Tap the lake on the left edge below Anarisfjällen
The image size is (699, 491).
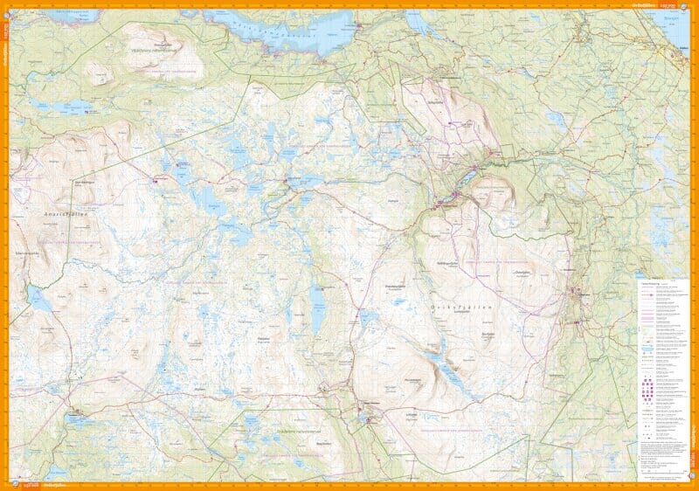(x=39, y=299)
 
